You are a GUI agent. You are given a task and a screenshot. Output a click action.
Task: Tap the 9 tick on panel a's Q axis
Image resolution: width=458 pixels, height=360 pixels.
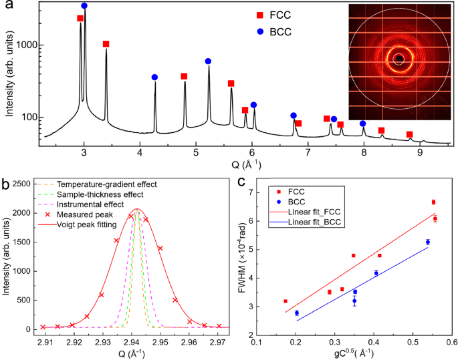pos(420,154)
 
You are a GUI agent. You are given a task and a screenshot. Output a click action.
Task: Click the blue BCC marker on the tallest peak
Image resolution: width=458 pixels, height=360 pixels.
pos(84,5)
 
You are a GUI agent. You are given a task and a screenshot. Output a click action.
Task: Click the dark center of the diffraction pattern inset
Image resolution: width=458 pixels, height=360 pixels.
pos(399,59)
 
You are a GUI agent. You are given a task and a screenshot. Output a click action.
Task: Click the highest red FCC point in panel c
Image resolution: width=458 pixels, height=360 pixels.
pos(433,202)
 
